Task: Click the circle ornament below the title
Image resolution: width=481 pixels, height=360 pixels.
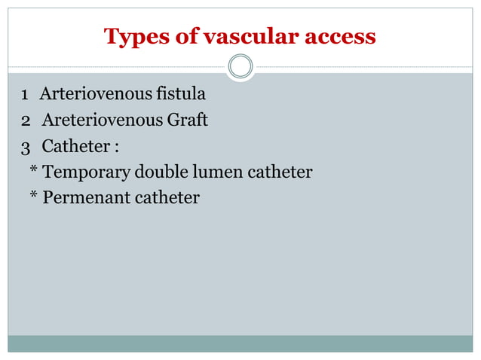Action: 240,67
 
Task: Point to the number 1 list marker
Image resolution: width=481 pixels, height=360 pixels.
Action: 25,96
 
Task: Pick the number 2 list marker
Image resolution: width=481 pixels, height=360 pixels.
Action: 26,121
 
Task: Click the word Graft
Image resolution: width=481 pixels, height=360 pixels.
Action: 189,121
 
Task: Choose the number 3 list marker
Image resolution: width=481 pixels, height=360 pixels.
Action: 26,146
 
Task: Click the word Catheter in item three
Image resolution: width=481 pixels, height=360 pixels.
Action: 76,146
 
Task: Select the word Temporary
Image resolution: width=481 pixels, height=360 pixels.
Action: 87,172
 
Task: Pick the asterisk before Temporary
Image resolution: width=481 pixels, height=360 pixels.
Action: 33,171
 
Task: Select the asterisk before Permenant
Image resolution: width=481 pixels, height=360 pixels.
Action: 33,197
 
